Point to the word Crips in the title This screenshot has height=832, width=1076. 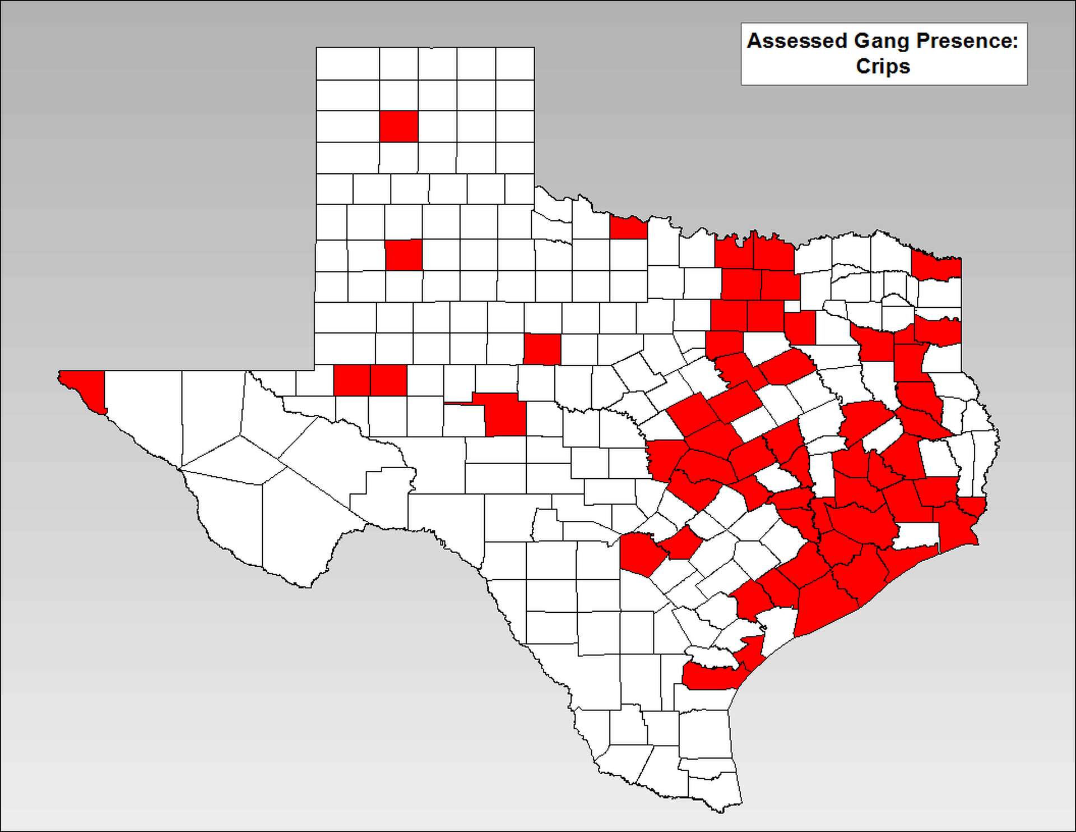pos(883,66)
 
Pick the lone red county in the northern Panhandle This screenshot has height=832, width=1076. pos(398,126)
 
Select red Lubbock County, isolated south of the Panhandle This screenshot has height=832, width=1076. pos(403,255)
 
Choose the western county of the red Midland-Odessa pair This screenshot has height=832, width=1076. pos(351,380)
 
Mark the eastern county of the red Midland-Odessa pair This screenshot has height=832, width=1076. pos(388,380)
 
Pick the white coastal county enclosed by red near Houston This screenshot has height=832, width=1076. pos(915,536)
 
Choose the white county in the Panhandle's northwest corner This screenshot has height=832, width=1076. pos(347,63)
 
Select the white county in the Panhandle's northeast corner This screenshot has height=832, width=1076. pos(515,63)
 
